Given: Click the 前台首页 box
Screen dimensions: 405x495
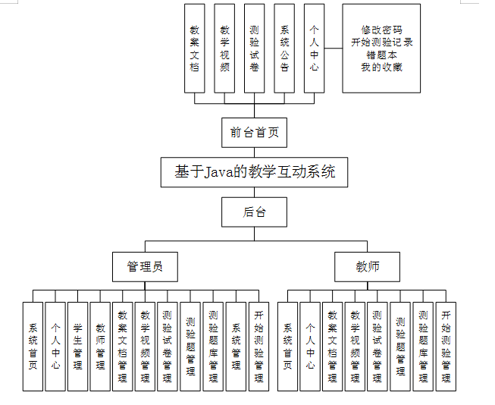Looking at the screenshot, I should (x=254, y=132).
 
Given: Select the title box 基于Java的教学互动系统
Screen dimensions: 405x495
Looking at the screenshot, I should (x=254, y=172).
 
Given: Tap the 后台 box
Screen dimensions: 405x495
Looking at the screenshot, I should (x=254, y=212).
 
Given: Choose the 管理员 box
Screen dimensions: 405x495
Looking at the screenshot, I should (x=145, y=267).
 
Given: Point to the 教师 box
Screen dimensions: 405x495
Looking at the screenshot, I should (x=368, y=267).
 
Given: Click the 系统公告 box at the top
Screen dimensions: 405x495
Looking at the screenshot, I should (x=284, y=48).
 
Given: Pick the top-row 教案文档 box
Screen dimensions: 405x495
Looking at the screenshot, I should (x=195, y=48).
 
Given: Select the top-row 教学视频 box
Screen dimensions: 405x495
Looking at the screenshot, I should (x=224, y=48).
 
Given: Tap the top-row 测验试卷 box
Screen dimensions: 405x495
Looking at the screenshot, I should (x=255, y=48).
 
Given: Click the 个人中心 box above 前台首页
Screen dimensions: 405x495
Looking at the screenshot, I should (x=315, y=48).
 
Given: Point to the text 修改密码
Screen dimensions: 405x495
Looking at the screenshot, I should (x=381, y=30).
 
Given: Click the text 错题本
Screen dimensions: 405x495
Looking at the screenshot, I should (x=381, y=55).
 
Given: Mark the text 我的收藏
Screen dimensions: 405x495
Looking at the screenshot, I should (x=381, y=67).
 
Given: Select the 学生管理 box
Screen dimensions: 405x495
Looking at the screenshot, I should (x=78, y=346).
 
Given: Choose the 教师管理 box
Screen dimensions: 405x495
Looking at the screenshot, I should (x=100, y=346).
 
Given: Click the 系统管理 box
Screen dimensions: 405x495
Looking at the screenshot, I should (x=236, y=346).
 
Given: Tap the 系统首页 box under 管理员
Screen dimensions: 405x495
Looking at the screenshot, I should (x=33, y=346).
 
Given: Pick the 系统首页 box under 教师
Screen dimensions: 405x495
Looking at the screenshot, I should (x=287, y=346).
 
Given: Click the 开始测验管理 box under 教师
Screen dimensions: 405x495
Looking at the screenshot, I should (x=446, y=346).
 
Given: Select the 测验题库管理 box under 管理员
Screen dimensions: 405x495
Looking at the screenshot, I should (x=213, y=346).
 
